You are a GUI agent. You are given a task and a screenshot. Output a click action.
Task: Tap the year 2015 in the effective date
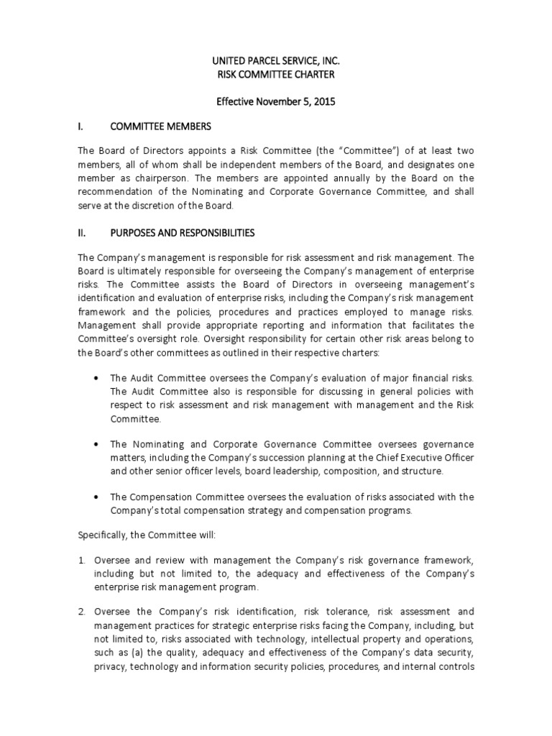coord(321,102)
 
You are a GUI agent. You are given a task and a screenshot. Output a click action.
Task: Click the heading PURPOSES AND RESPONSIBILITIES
coord(181,233)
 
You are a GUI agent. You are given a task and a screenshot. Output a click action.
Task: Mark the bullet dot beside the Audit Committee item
coord(97,378)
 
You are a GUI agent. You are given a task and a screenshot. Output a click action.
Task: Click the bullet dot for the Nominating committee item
coord(97,445)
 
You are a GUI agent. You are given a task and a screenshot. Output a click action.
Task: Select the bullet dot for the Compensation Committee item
coord(97,497)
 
